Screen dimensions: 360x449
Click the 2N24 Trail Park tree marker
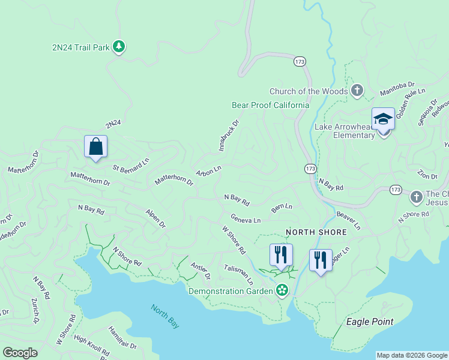tap(119, 46)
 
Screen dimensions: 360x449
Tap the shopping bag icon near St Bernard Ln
tap(95, 146)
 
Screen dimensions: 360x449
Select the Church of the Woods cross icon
tap(357, 91)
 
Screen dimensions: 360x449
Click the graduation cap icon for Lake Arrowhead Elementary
tap(382, 119)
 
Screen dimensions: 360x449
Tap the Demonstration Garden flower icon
tap(282, 291)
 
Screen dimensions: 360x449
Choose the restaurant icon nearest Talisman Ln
tap(280, 255)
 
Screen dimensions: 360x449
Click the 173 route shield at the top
tap(300, 61)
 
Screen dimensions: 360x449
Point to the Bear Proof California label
tap(271, 105)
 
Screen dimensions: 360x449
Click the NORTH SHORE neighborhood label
tap(316, 232)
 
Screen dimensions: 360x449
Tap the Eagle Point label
tap(370, 322)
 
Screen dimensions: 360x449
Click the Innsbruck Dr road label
tap(228, 135)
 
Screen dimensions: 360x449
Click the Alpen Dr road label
tap(155, 218)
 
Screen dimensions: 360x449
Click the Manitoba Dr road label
tap(397, 89)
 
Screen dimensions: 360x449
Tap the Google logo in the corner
tap(20, 353)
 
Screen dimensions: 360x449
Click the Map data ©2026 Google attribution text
tap(412, 355)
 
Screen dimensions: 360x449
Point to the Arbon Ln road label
tap(209, 171)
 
